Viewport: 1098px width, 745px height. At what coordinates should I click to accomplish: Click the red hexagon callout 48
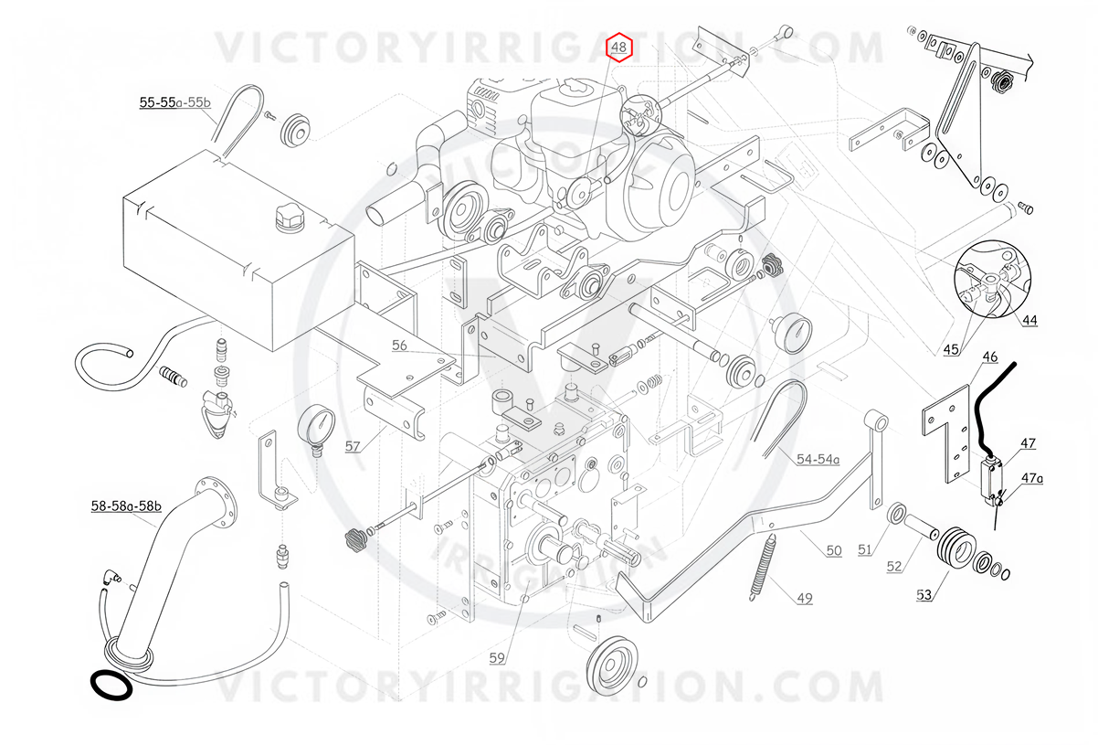click(x=619, y=48)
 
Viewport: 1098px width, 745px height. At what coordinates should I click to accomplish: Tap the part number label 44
click(x=1029, y=320)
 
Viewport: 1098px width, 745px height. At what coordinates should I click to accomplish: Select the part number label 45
click(x=951, y=350)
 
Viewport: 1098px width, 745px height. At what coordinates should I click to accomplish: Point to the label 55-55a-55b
click(x=175, y=102)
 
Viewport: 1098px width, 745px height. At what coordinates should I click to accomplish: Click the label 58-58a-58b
click(x=126, y=506)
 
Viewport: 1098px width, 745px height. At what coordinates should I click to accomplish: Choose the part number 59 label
click(x=497, y=658)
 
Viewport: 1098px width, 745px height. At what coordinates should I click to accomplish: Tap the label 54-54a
click(x=818, y=459)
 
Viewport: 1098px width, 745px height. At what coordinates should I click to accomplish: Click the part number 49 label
click(x=805, y=599)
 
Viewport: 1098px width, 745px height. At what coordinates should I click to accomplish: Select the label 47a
click(x=1032, y=477)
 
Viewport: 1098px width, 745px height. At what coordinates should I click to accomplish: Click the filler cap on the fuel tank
click(x=290, y=218)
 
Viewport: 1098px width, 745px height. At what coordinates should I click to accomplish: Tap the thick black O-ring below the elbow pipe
click(x=111, y=686)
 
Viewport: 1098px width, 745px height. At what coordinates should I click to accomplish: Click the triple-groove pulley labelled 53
click(x=955, y=548)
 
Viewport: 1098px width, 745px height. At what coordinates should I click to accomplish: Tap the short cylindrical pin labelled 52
click(x=922, y=527)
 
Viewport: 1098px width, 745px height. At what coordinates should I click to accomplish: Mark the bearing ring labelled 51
click(x=898, y=513)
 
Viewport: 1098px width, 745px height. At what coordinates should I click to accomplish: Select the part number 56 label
click(x=399, y=346)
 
